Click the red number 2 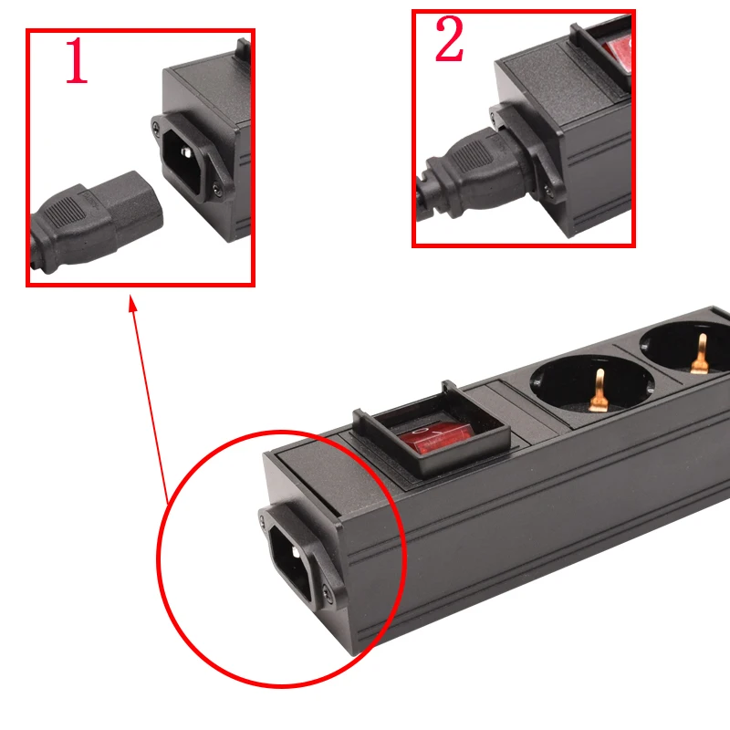pos(448,42)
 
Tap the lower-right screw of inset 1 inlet pos(215,188)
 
